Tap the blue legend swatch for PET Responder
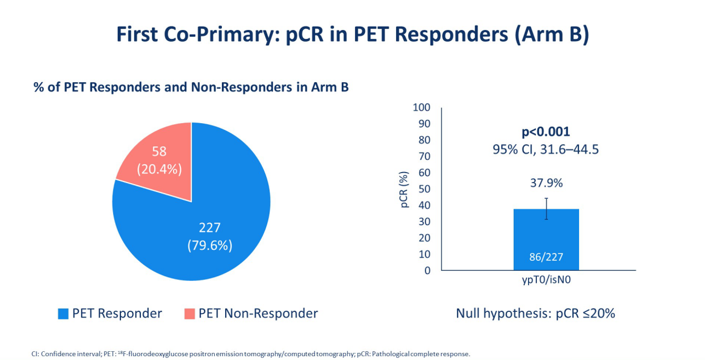point(63,314)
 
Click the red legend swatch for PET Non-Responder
point(189,314)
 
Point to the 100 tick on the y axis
point(421,107)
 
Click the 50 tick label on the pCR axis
point(425,189)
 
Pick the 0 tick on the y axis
point(427,270)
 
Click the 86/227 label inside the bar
point(546,257)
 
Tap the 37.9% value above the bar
point(546,183)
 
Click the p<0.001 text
point(546,132)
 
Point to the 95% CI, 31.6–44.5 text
point(546,149)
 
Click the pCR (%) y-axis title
point(404,190)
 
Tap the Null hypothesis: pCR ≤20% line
point(535,313)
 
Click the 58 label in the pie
point(159,152)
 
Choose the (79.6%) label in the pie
point(210,245)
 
